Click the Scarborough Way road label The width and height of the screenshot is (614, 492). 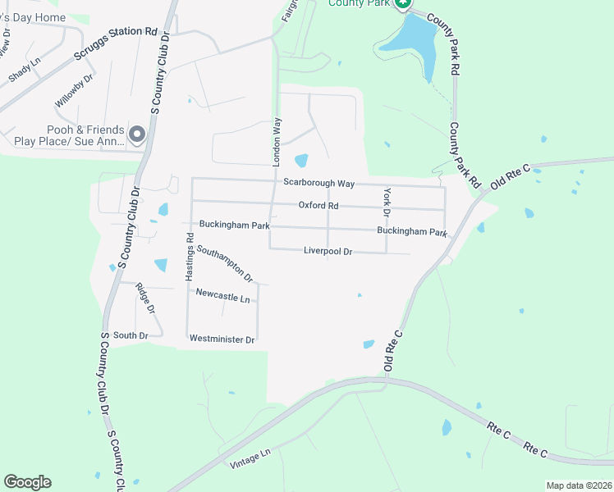[318, 183]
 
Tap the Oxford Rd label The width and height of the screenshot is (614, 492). [318, 205]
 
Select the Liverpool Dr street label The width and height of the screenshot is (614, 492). [328, 252]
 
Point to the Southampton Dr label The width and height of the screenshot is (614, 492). [224, 262]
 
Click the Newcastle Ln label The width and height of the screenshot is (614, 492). [222, 298]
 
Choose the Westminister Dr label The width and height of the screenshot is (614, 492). [222, 339]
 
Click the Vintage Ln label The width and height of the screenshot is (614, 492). [250, 458]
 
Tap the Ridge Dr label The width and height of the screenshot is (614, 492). [144, 298]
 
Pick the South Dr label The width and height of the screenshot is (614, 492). [131, 335]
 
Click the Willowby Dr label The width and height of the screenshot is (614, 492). [75, 90]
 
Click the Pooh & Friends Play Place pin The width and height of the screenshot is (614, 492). [137, 134]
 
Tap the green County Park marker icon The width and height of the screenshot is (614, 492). [401, 4]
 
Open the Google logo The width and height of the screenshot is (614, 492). [27, 482]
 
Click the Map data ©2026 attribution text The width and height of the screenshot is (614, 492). [578, 485]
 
